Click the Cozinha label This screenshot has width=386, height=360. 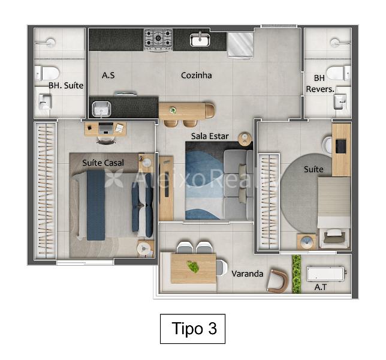pos(196,75)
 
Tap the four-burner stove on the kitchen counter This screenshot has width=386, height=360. pos(158,40)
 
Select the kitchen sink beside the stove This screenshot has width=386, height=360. pos(200,39)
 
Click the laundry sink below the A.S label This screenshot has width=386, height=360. pos(101,109)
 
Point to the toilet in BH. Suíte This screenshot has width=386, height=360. pos(47,73)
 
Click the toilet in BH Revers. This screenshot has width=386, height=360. pos(339,73)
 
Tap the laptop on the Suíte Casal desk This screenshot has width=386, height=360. pos(106,128)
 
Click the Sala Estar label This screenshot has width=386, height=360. pos(210,136)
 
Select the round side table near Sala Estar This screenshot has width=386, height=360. pos(245,139)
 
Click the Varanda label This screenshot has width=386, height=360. pos(247,274)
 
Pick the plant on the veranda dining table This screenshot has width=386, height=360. pos(193,266)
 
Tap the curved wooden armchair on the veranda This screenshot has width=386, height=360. pos(278,281)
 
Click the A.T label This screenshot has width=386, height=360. pos(321,287)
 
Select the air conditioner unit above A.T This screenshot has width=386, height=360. pos(325,274)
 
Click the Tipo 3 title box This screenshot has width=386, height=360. pos(192,329)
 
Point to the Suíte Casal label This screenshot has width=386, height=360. pos(103,163)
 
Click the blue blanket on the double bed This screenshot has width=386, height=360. pos(96,205)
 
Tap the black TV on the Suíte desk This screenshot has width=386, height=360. pos(340,146)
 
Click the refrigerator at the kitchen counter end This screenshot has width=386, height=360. pos(240,45)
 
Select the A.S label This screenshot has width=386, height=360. pos(108,75)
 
